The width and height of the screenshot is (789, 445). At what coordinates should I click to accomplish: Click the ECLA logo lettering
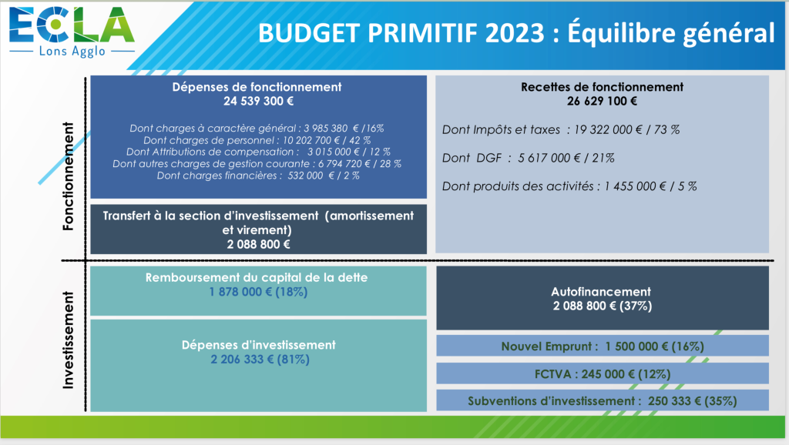coord(72,25)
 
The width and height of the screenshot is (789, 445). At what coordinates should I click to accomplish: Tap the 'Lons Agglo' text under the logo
coord(72,52)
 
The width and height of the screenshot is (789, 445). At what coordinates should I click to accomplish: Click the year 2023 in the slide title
coord(515,33)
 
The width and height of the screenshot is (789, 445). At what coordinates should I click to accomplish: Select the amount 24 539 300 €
coord(259,101)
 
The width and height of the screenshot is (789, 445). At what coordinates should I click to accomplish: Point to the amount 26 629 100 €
coord(602,101)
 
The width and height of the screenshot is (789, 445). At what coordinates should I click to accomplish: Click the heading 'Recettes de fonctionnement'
coord(602,87)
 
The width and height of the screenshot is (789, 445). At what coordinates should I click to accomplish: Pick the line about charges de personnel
coord(257,140)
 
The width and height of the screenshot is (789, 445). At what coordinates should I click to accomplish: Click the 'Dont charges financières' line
coord(258,176)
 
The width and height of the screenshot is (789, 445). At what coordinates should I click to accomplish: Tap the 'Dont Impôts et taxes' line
coord(561,130)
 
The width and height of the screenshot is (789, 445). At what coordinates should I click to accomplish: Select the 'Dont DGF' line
coord(529,158)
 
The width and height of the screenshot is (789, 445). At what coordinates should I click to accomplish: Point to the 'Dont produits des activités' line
coord(569,186)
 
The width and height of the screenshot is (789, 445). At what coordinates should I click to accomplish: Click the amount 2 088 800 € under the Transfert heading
coord(259,244)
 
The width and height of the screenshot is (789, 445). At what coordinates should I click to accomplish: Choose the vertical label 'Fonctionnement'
coord(68,176)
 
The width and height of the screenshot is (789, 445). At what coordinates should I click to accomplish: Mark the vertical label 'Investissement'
coord(68,340)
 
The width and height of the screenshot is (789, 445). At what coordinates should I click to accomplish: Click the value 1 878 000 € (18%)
coord(259,292)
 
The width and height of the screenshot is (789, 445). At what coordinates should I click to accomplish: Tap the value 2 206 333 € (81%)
coord(260,360)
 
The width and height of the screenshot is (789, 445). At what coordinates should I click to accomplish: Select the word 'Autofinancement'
coord(601,292)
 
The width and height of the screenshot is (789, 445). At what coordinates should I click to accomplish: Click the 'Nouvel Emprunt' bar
coord(603,346)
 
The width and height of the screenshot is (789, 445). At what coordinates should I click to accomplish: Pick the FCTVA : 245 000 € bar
coord(603,373)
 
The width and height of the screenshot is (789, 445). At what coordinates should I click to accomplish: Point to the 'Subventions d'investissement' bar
coord(603,400)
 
